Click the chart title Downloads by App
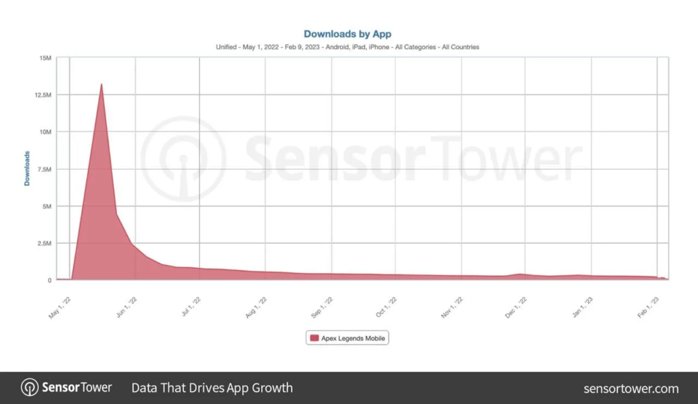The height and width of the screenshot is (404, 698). [x=347, y=33]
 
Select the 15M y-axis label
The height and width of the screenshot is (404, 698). [x=45, y=58]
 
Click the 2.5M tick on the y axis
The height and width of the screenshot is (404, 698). [x=43, y=243]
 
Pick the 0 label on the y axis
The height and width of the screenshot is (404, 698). [x=49, y=280]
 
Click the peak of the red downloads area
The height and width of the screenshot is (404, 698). [x=102, y=84]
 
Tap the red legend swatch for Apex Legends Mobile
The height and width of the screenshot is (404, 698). [x=314, y=338]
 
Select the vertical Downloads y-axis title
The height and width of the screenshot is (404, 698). [x=27, y=168]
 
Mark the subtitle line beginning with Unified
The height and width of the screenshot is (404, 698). [x=347, y=47]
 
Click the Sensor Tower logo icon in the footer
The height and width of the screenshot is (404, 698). [x=30, y=388]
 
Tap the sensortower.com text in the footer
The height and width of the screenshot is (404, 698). [x=631, y=388]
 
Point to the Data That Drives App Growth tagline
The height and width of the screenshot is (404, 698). [x=212, y=388]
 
